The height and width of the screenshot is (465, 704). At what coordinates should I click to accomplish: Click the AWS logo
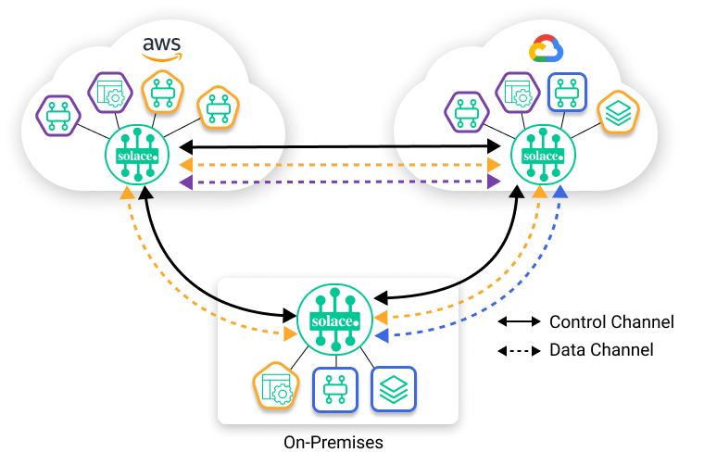160,48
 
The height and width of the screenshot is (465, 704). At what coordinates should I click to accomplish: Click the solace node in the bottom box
334,320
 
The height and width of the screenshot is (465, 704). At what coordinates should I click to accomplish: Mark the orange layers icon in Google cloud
618,112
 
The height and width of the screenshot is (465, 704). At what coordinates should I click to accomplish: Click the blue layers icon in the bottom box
394,388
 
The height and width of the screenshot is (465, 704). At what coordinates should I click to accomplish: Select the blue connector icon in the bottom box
335,390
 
